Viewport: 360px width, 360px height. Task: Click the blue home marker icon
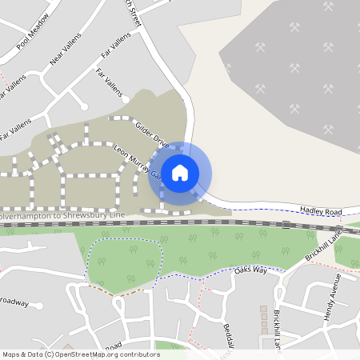(x=180, y=172)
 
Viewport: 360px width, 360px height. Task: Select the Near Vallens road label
(x=66, y=61)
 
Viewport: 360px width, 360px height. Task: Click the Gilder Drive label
(x=150, y=134)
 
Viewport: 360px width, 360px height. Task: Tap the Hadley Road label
(x=321, y=211)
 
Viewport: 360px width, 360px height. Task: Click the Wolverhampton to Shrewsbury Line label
(x=63, y=216)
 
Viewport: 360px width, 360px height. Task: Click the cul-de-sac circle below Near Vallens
(x=83, y=105)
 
